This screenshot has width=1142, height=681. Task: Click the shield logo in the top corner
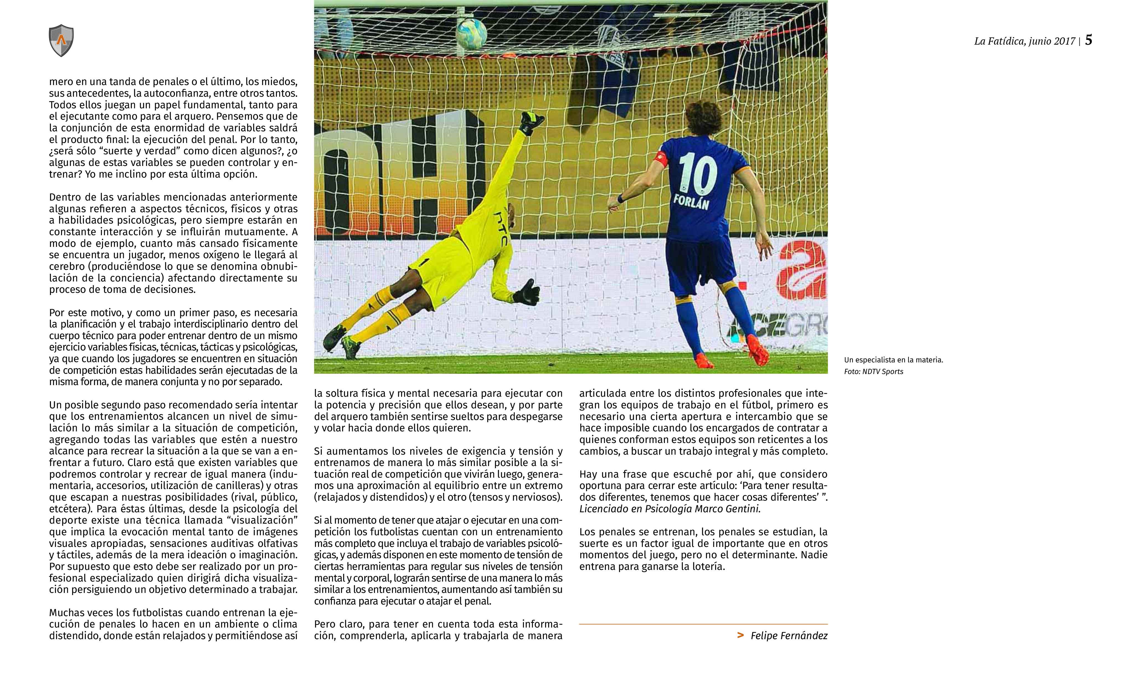61,40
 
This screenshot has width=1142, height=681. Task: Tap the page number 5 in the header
1088,40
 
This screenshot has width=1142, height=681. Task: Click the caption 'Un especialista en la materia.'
893,360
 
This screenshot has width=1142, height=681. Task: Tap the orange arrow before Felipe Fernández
740,635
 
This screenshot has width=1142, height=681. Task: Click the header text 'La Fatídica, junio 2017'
1025,41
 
